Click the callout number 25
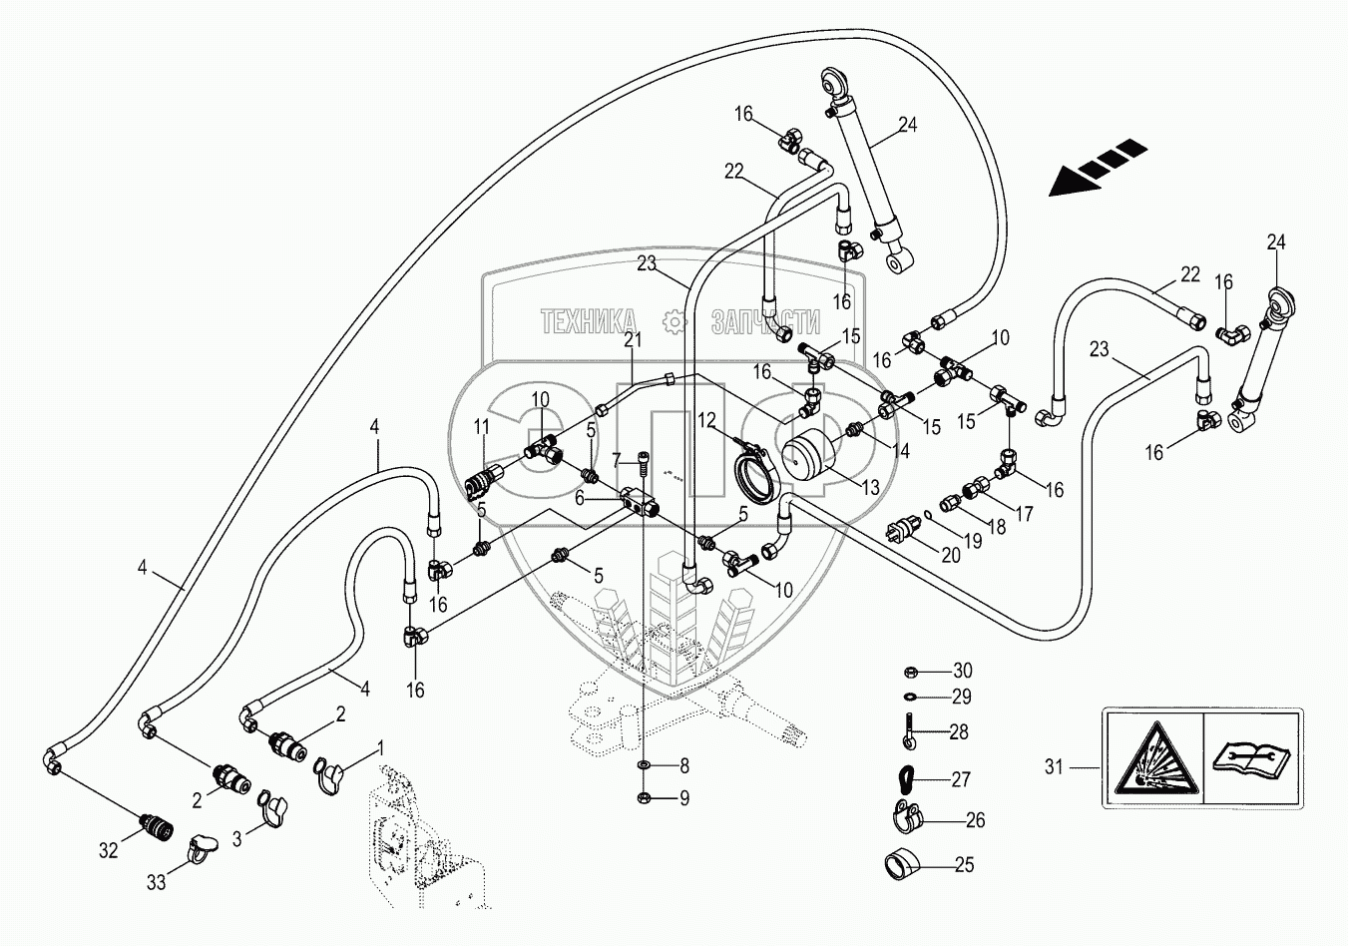pyautogui.click(x=963, y=865)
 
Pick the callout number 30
pyautogui.click(x=962, y=671)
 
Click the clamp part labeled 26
pyautogui.click(x=906, y=817)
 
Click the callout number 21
pyautogui.click(x=632, y=339)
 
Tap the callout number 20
pyautogui.click(x=950, y=556)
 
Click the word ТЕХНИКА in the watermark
pyautogui.click(x=589, y=320)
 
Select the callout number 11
pyautogui.click(x=481, y=427)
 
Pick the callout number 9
pyautogui.click(x=683, y=797)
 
